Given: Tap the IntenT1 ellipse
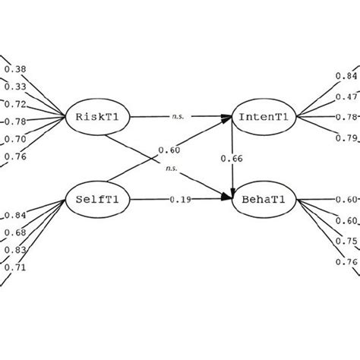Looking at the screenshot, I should pyautogui.click(x=262, y=117).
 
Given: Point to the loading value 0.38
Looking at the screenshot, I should pyautogui.click(x=15, y=70).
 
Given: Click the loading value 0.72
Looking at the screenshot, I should pyautogui.click(x=15, y=104).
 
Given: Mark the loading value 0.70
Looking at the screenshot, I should pyautogui.click(x=15, y=140).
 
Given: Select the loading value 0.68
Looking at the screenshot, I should pyautogui.click(x=15, y=232).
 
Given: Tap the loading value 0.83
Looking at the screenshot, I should pyautogui.click(x=15, y=249).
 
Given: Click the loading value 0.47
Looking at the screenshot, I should pyautogui.click(x=346, y=97).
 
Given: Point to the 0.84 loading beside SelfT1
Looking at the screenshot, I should pyautogui.click(x=15, y=215).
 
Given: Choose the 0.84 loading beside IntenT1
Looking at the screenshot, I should pyautogui.click(x=346, y=76).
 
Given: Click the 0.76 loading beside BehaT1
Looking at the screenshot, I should pyautogui.click(x=346, y=263).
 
